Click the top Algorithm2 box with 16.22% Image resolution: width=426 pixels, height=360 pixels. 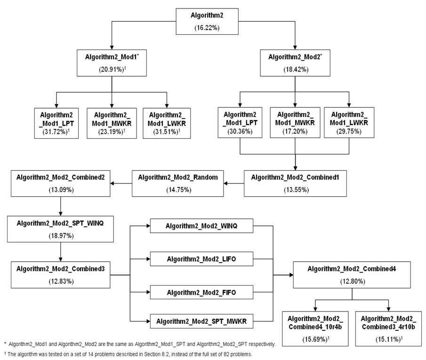click(x=207, y=21)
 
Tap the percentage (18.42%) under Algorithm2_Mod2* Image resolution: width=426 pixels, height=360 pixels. click(x=295, y=69)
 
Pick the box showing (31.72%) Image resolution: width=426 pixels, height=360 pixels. click(x=56, y=123)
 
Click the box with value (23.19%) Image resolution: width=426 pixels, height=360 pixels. click(x=111, y=123)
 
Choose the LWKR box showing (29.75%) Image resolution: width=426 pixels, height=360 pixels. click(x=349, y=123)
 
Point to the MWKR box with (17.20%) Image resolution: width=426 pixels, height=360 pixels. click(x=295, y=123)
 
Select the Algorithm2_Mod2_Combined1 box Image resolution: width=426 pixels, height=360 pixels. click(x=295, y=183)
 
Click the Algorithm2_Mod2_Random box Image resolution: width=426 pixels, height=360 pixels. click(x=177, y=183)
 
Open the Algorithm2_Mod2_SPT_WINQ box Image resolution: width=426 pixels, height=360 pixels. click(x=60, y=229)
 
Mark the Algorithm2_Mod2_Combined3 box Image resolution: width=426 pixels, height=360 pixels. click(x=60, y=274)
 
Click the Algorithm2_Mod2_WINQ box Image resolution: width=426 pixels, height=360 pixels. click(x=201, y=226)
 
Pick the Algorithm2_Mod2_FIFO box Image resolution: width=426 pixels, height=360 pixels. click(x=201, y=292)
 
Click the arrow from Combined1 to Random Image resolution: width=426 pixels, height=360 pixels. click(x=233, y=183)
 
